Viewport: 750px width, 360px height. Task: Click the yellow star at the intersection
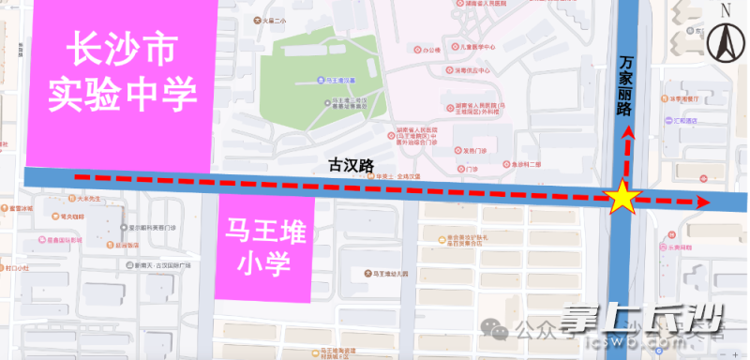(622, 198)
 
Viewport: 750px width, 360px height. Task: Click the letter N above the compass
(725, 10)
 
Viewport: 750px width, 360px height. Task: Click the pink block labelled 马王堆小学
(262, 248)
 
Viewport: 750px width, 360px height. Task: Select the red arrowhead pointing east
(700, 201)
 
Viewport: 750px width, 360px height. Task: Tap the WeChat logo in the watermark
(494, 328)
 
